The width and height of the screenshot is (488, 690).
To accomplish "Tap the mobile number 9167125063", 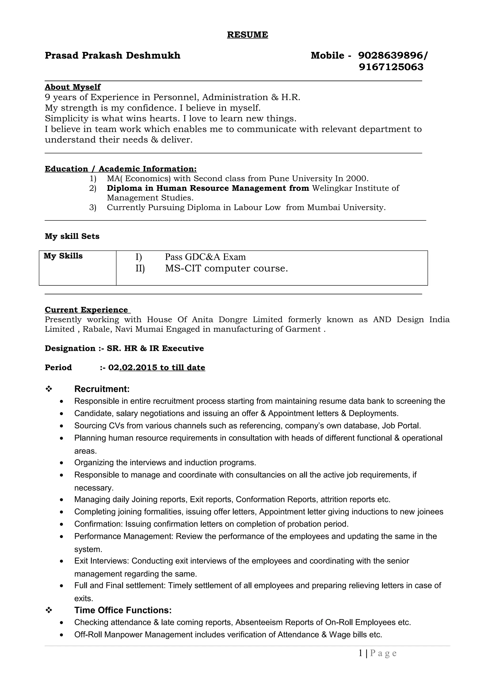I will pos(391,67).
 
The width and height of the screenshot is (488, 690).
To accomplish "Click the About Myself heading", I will pos(72,87).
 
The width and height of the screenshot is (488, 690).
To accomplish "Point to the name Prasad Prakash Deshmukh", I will pos(112,56).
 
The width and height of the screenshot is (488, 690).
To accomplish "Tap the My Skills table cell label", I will pos(63,256).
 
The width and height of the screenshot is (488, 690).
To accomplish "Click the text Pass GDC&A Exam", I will pos(205,257).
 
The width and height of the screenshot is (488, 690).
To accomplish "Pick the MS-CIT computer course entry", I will pos(226,268).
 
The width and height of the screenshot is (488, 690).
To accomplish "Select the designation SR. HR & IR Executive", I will pos(155,348).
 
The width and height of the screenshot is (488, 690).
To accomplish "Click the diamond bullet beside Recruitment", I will pos(49,389).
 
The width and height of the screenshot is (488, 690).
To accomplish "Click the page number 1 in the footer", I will pos(361,653).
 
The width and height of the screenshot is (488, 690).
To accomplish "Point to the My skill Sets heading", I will pos(72,236).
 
